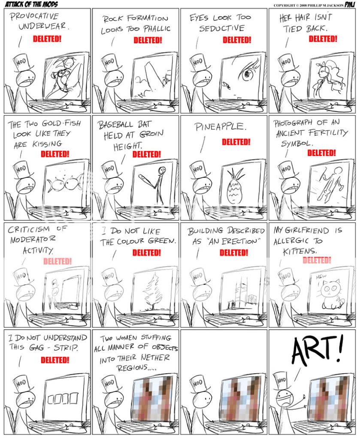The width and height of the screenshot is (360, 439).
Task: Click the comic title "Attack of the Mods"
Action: point(31,4)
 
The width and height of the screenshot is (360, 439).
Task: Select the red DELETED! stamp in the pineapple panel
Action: point(236,142)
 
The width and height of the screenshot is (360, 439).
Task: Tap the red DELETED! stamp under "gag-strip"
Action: point(55,360)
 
